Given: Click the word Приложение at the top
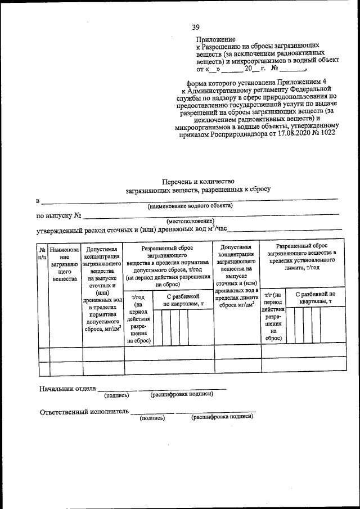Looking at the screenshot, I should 215,39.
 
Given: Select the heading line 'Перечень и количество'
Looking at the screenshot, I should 197,181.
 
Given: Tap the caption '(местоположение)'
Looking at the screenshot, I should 191,222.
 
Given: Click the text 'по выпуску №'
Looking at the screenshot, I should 60,215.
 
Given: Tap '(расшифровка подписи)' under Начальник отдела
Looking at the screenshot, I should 182,394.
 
